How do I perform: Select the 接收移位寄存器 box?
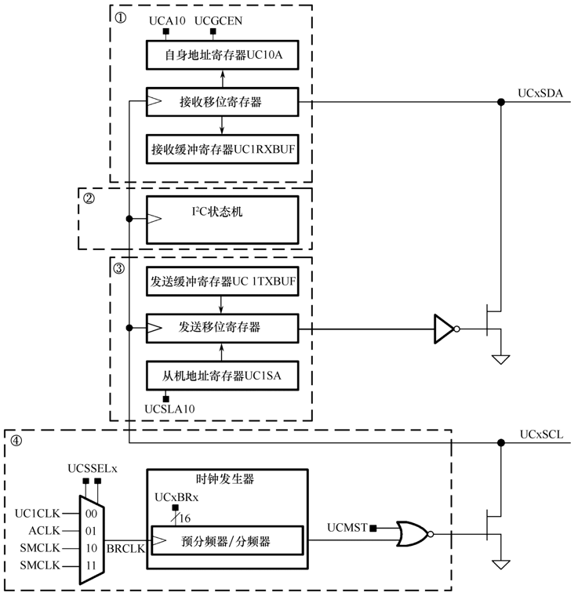click(x=223, y=101)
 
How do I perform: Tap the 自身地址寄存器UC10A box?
click(x=223, y=56)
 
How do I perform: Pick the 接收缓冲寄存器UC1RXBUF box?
click(x=223, y=148)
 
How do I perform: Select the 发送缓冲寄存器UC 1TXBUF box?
click(x=223, y=282)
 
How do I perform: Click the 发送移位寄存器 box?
click(x=223, y=328)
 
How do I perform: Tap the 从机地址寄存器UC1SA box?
click(x=223, y=375)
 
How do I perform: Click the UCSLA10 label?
click(x=170, y=409)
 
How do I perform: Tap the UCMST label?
click(x=347, y=527)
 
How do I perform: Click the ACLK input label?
click(x=36, y=531)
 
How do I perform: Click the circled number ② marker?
click(x=89, y=198)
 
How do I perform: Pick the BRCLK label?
click(x=125, y=549)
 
